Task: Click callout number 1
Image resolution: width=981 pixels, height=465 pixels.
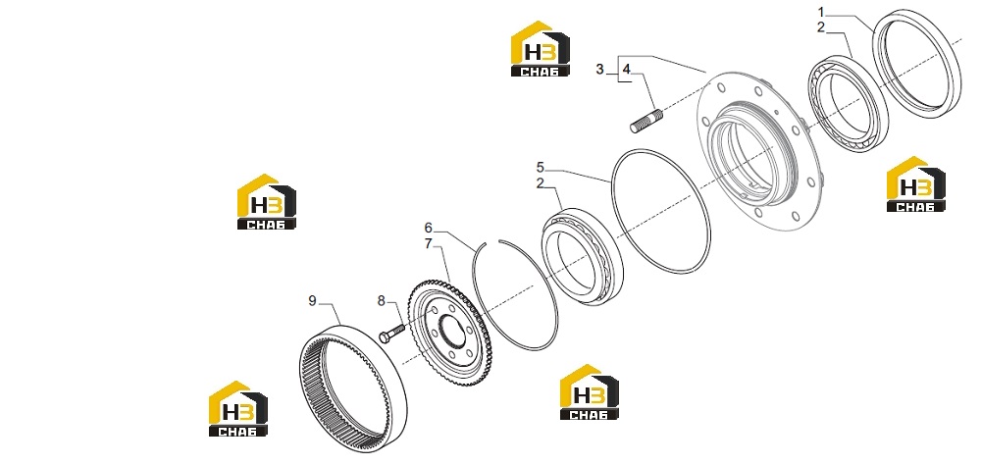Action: tap(821, 12)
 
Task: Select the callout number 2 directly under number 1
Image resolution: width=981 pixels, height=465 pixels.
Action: tap(821, 27)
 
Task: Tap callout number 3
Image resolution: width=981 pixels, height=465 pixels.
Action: tap(600, 69)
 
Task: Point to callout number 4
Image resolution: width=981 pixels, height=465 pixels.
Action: tap(627, 69)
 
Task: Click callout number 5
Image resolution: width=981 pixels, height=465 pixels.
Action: tap(541, 168)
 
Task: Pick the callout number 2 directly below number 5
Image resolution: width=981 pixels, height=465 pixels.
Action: tap(541, 183)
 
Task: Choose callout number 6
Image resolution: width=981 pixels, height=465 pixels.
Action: tap(429, 228)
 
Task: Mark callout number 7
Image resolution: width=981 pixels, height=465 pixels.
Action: tap(429, 243)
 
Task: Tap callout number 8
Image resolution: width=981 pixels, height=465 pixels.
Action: tap(382, 301)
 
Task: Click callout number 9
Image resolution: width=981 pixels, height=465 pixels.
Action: tap(313, 301)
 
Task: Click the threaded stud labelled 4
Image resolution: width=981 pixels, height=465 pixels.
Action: tap(646, 120)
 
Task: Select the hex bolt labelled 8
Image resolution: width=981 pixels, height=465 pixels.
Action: tap(391, 333)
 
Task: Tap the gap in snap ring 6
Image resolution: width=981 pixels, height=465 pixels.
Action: tap(492, 241)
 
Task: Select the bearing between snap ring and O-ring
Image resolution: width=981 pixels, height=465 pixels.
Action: tap(582, 257)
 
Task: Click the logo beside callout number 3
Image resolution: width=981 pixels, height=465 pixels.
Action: tap(540, 49)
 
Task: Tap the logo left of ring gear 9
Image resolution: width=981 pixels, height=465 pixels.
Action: tap(237, 409)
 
